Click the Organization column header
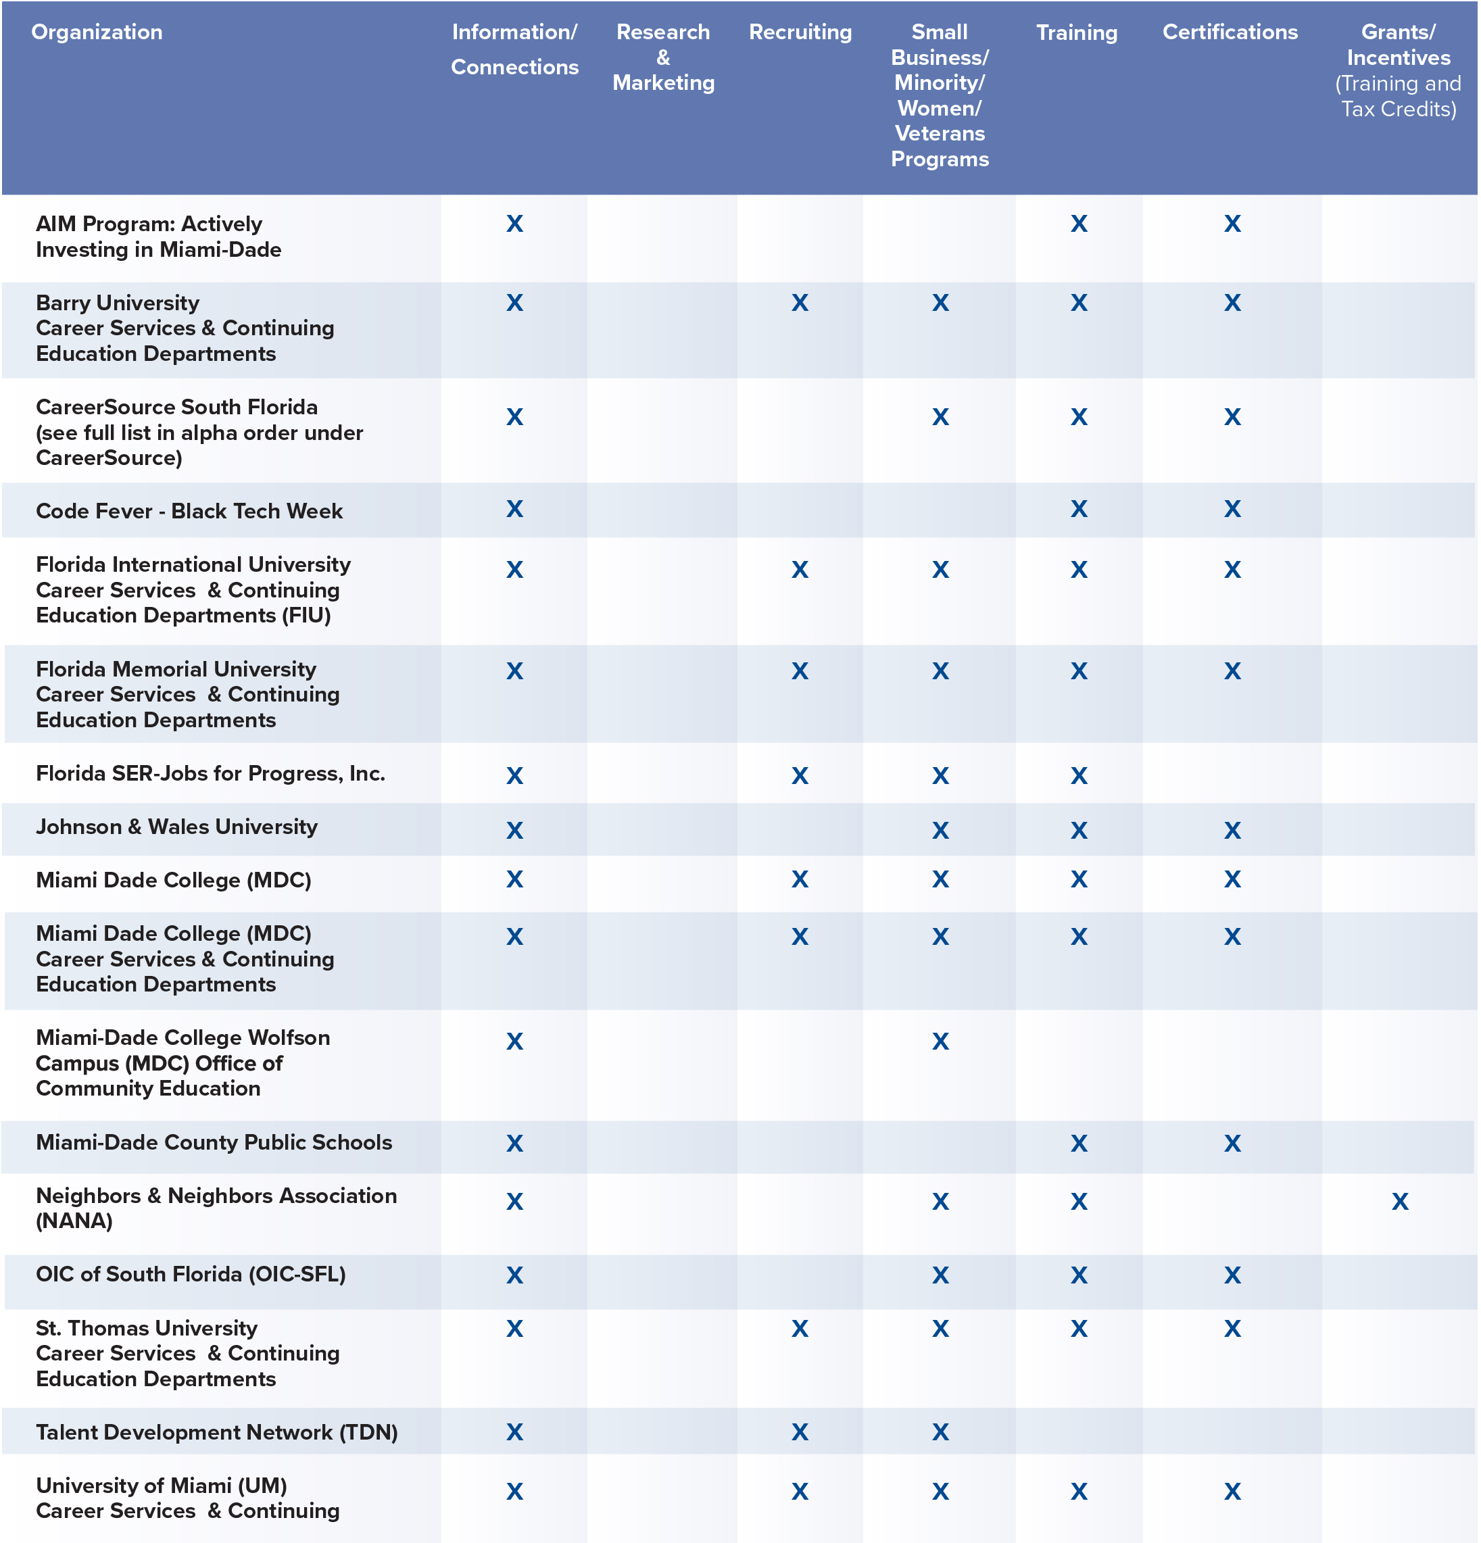click(97, 32)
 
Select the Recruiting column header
click(800, 32)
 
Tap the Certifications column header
click(1230, 32)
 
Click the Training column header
click(1076, 32)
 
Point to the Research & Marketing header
click(663, 57)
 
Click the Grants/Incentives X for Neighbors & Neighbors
click(1399, 1201)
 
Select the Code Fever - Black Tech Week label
click(189, 511)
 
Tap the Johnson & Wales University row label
click(176, 827)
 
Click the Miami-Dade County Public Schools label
click(214, 1142)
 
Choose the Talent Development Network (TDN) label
click(216, 1432)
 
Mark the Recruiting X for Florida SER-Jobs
click(800, 776)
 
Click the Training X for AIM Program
click(1079, 224)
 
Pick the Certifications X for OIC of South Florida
click(1232, 1275)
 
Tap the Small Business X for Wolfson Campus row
click(940, 1042)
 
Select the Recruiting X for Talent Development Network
click(800, 1432)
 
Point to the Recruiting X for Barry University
click(800, 303)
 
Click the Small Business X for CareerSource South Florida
click(940, 417)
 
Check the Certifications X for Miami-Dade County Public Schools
click(1232, 1144)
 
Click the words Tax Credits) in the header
click(1399, 109)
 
